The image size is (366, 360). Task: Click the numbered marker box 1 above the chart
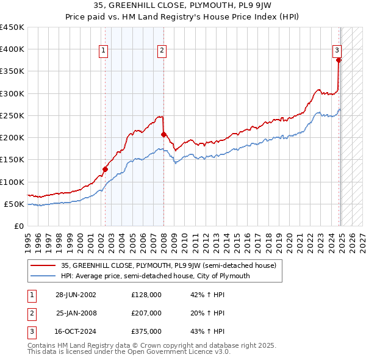[104, 51]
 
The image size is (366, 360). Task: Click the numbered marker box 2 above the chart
[162, 51]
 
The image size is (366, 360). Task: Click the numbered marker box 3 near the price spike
[337, 51]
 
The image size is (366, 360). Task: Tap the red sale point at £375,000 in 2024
[339, 60]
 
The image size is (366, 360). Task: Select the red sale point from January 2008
[163, 134]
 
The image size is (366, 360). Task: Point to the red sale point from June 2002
[105, 169]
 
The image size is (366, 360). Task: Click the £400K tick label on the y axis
[12, 49]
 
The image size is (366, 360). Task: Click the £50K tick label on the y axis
[15, 204]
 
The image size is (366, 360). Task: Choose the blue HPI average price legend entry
[155, 276]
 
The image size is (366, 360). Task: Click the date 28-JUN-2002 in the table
[76, 295]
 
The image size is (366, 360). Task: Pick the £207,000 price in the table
[146, 313]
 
